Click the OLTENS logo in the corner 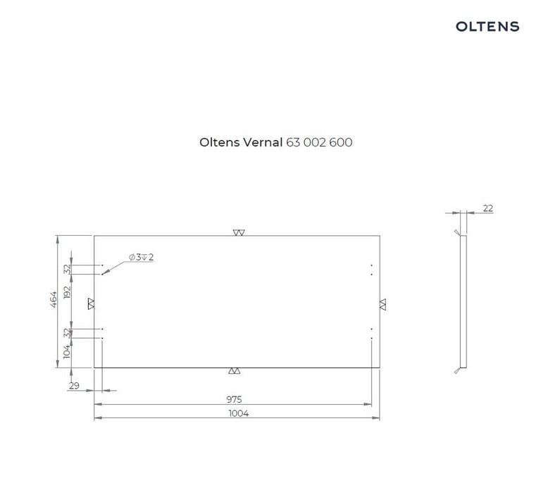[x=487, y=27]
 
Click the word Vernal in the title [x=263, y=142]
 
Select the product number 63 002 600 [x=319, y=142]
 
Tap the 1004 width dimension [x=239, y=413]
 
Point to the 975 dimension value [x=234, y=399]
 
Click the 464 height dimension [x=54, y=299]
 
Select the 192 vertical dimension [x=68, y=292]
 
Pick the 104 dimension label [x=67, y=351]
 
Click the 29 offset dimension [x=74, y=386]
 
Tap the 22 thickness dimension [x=488, y=208]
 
